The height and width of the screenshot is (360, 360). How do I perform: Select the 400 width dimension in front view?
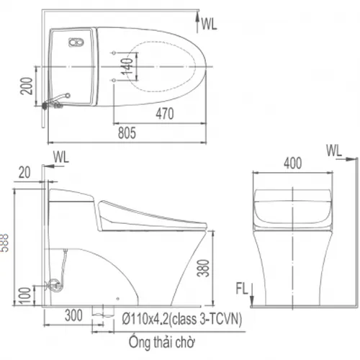pos(292,163)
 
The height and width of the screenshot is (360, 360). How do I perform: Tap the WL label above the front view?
pos(333,150)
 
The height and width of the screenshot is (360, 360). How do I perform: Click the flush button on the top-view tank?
pos(72,42)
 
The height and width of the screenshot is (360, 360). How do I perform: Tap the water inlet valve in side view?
pos(53,284)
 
